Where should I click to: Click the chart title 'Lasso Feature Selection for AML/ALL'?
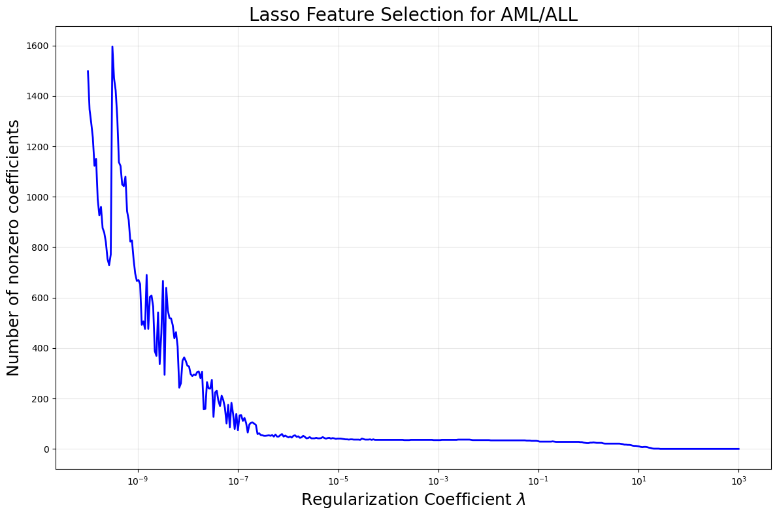(413, 14)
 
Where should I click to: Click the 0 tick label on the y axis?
(47, 449)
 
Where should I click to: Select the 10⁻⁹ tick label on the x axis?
(138, 481)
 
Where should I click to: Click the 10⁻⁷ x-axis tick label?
(238, 481)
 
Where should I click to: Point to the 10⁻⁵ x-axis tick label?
(338, 481)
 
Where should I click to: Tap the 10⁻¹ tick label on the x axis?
(538, 481)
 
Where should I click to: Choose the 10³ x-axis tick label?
(738, 481)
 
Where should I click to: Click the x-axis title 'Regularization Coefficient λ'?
(413, 500)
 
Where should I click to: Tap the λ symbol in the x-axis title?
(521, 500)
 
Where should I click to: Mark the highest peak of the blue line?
(112, 46)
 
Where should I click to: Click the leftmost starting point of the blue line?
(88, 71)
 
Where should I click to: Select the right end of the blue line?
(738, 449)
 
